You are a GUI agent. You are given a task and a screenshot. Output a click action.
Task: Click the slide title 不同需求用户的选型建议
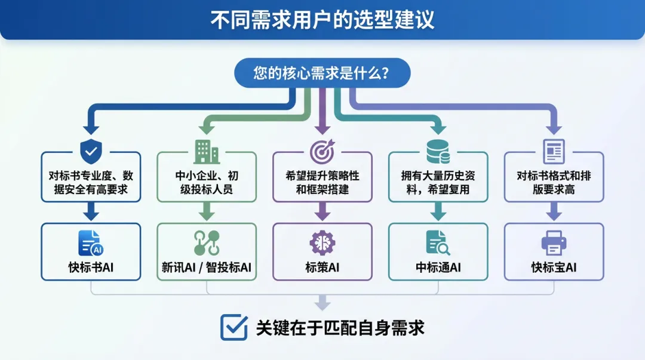click(322, 20)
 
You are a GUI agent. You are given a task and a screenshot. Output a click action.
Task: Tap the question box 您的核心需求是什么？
click(322, 73)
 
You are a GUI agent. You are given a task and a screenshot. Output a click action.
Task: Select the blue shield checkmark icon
click(91, 151)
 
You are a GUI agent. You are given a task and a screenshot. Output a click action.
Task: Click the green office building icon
click(207, 152)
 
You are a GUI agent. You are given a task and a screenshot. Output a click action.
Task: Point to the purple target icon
click(322, 152)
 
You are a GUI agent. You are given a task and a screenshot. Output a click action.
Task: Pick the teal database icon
click(438, 152)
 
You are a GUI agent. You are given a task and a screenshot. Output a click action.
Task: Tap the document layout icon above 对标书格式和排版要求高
click(554, 152)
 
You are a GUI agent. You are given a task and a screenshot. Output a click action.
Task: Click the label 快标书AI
click(91, 267)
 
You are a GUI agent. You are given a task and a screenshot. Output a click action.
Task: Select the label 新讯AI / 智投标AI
click(207, 267)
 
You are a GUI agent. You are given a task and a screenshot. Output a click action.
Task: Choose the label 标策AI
click(322, 267)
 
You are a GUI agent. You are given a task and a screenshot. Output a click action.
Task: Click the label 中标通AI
click(438, 267)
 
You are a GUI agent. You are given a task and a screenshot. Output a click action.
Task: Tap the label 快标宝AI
click(554, 267)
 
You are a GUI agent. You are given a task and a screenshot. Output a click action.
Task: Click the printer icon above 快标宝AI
click(554, 242)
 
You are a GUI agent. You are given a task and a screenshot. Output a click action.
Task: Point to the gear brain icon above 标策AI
click(322, 242)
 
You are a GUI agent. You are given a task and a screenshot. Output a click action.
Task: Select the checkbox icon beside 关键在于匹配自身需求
click(234, 327)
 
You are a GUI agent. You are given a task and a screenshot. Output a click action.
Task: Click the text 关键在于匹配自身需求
click(340, 328)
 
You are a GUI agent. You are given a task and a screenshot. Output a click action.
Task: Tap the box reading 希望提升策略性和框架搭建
click(322, 183)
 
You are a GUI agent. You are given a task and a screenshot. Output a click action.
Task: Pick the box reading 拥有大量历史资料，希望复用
click(438, 183)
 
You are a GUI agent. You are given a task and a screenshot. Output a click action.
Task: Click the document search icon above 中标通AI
click(438, 242)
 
